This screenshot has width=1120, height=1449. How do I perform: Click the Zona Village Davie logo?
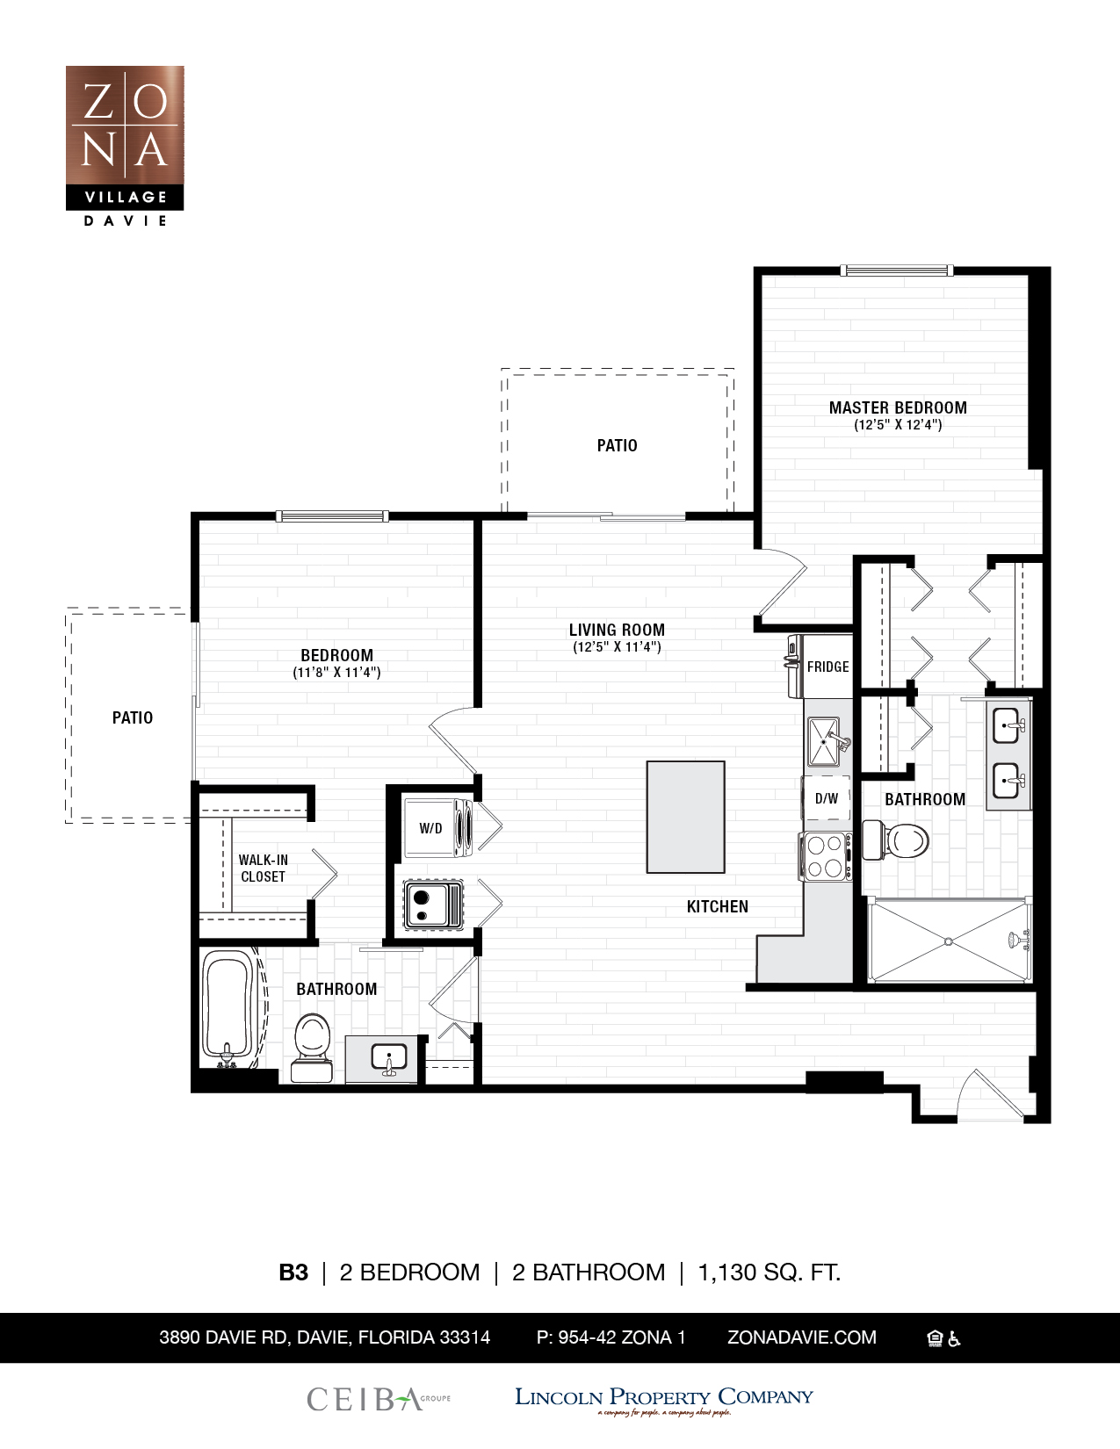pyautogui.click(x=125, y=146)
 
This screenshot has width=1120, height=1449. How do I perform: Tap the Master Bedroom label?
pyautogui.click(x=898, y=407)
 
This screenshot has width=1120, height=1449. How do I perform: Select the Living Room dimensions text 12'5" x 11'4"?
pyautogui.click(x=617, y=647)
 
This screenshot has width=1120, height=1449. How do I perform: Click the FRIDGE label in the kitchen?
pyautogui.click(x=827, y=667)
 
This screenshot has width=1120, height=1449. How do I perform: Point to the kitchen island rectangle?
pyautogui.click(x=685, y=817)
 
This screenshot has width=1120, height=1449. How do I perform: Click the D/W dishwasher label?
pyautogui.click(x=826, y=798)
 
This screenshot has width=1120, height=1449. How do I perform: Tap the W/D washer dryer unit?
pyautogui.click(x=437, y=827)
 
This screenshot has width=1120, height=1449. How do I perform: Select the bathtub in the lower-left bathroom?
pyautogui.click(x=227, y=1008)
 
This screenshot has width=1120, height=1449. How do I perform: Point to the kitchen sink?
pyautogui.click(x=825, y=742)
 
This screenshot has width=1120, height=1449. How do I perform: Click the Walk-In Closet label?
pyautogui.click(x=263, y=868)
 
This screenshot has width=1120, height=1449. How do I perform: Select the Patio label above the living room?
pyautogui.click(x=617, y=445)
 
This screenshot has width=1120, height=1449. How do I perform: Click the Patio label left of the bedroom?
pyautogui.click(x=133, y=717)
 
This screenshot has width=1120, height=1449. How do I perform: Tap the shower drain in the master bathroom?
pyautogui.click(x=949, y=941)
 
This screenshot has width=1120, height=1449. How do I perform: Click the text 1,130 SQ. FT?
pyautogui.click(x=769, y=1272)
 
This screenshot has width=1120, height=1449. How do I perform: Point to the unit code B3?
pyautogui.click(x=293, y=1272)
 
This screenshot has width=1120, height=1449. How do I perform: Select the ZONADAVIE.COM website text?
pyautogui.click(x=801, y=1337)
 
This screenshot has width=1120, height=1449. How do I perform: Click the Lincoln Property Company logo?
pyautogui.click(x=663, y=1399)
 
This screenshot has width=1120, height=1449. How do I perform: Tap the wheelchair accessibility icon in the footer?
pyautogui.click(x=955, y=1338)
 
